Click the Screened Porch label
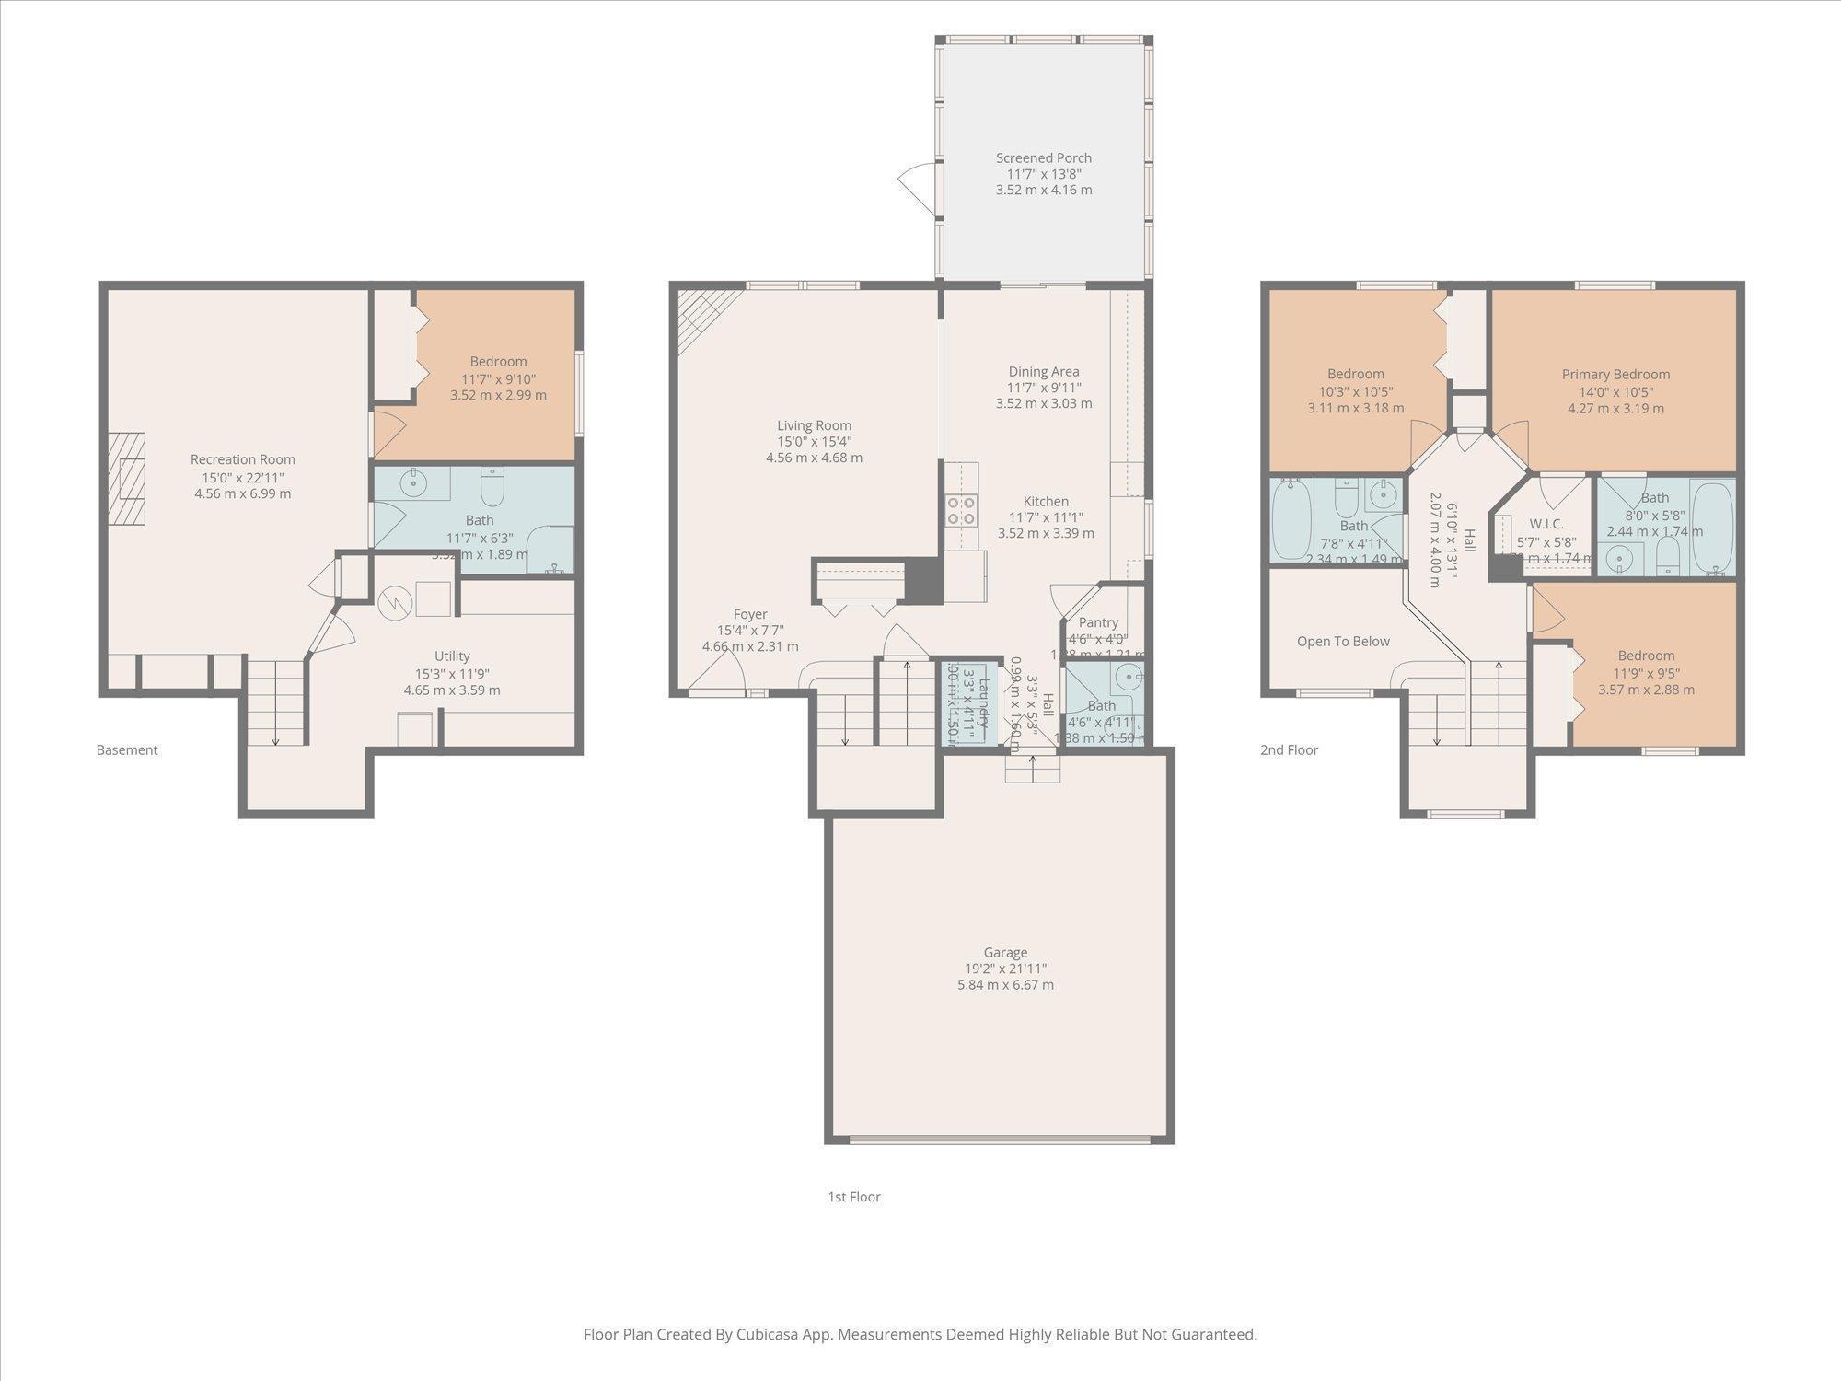click(x=1043, y=158)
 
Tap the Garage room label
click(x=1004, y=953)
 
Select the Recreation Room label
click(x=242, y=459)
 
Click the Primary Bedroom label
click(x=1615, y=375)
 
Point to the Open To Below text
click(x=1342, y=642)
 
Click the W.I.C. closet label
click(x=1546, y=524)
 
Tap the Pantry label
click(x=1097, y=622)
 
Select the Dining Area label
click(x=1043, y=372)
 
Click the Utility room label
click(x=451, y=656)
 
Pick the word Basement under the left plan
click(x=127, y=750)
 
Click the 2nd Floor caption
click(x=1289, y=750)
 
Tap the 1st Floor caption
click(x=853, y=1197)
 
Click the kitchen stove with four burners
click(x=961, y=510)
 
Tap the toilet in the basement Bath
click(x=492, y=487)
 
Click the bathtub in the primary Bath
click(x=1711, y=526)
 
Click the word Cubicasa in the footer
click(x=767, y=1334)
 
